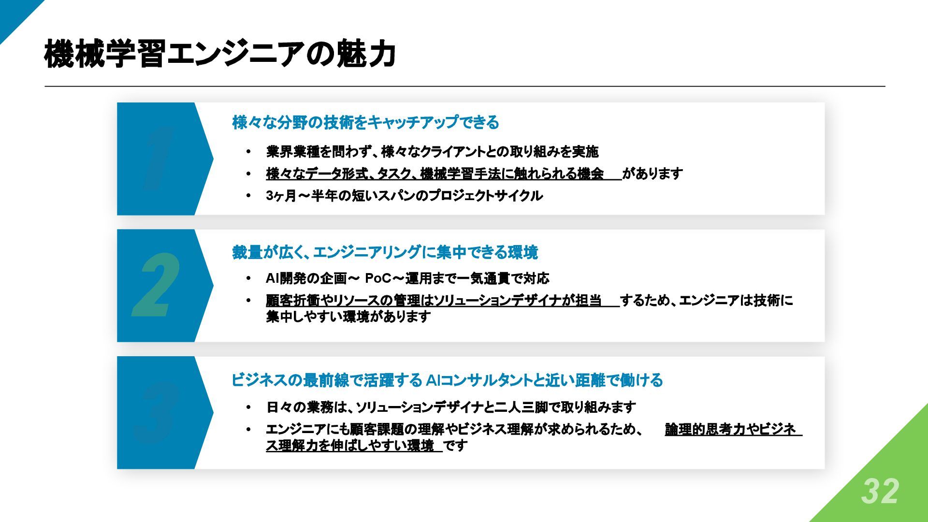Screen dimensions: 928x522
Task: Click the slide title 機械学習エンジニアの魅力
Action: pyautogui.click(x=220, y=54)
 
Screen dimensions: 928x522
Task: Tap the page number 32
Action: pyautogui.click(x=879, y=492)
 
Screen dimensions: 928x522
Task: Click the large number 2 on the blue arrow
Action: pyautogui.click(x=156, y=286)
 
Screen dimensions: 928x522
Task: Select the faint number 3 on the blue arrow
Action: pyautogui.click(x=156, y=413)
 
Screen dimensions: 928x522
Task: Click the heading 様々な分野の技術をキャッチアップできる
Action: pyautogui.click(x=365, y=123)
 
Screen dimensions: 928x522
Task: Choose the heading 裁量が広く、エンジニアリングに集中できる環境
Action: pyautogui.click(x=385, y=252)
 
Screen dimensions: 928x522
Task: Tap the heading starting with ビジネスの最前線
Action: pyautogui.click(x=447, y=380)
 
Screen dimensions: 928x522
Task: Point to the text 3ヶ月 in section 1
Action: pyautogui.click(x=281, y=196)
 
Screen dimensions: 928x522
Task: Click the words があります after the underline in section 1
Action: pyautogui.click(x=652, y=174)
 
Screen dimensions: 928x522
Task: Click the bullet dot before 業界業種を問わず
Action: pyautogui.click(x=248, y=152)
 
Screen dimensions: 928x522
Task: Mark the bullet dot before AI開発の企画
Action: pyautogui.click(x=248, y=279)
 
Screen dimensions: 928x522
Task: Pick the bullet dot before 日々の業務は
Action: pyautogui.click(x=248, y=407)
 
